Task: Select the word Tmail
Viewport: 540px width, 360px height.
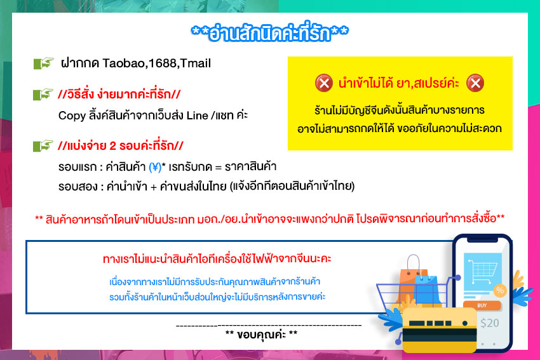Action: click(x=195, y=63)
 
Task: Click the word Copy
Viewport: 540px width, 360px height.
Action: click(x=72, y=116)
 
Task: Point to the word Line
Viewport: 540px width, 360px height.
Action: click(x=198, y=116)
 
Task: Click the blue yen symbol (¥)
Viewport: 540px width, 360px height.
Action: click(x=155, y=167)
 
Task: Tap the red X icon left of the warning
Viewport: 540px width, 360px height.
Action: click(x=324, y=83)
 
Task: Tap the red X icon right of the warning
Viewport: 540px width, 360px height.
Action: click(x=475, y=83)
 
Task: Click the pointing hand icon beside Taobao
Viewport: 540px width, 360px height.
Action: click(x=43, y=63)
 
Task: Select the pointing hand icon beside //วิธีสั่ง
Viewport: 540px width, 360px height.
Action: click(x=43, y=95)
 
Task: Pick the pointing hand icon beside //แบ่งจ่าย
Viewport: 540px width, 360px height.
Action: click(x=43, y=145)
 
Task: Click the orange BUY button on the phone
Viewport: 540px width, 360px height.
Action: click(x=482, y=305)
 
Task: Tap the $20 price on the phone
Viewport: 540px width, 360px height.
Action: click(x=489, y=323)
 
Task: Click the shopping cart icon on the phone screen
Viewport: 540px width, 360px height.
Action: click(x=482, y=271)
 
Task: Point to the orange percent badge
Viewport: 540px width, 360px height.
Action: click(x=500, y=290)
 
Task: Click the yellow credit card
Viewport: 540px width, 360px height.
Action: click(x=440, y=330)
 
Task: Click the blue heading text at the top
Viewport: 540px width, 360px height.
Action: click(x=269, y=32)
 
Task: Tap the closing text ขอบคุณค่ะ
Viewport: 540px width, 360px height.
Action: click(x=261, y=334)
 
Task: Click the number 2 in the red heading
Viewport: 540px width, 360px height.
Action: click(x=112, y=146)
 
